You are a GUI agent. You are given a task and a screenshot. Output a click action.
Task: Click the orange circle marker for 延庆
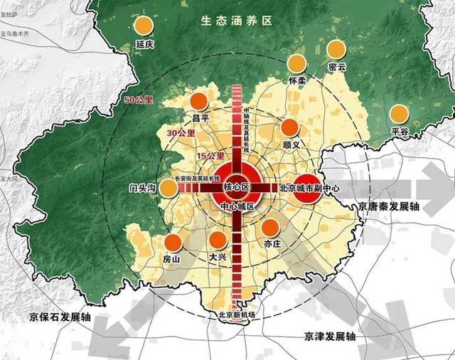tap(144, 26)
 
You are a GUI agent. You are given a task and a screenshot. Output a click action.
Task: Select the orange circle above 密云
tap(336, 49)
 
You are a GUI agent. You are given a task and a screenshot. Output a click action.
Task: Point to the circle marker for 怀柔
tap(298, 64)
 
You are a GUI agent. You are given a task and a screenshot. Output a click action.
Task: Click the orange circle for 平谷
tap(400, 114)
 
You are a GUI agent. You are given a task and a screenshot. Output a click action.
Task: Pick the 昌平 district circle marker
tap(200, 102)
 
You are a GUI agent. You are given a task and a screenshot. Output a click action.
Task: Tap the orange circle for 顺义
tap(289, 128)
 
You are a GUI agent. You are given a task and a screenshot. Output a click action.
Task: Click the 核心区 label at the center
tap(236, 187)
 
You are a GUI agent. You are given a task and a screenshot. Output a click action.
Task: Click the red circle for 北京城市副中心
tap(307, 189)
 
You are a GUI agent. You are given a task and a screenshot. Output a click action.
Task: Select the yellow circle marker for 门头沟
tap(168, 188)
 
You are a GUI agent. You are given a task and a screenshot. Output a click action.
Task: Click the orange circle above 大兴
tap(218, 240)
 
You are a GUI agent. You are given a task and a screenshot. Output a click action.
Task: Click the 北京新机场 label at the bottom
tap(236, 315)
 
